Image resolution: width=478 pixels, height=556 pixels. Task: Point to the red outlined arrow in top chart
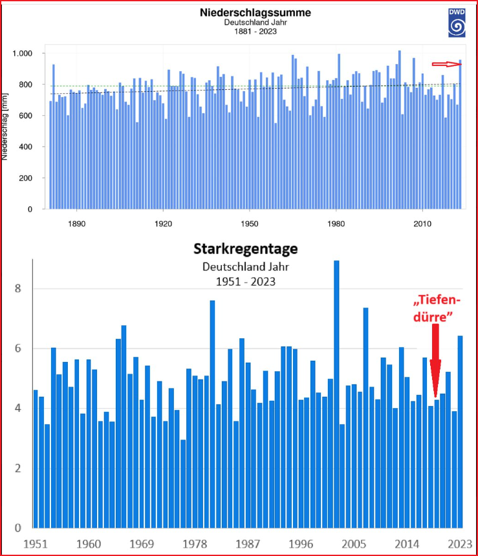pos(446,63)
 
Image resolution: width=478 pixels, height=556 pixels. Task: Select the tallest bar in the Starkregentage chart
pos(336,393)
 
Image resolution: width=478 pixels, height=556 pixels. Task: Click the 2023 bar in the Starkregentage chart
pos(461,431)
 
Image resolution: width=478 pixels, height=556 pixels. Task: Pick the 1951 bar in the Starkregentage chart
pos(36,458)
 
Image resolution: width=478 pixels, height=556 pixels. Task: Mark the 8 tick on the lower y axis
pos(19,289)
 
